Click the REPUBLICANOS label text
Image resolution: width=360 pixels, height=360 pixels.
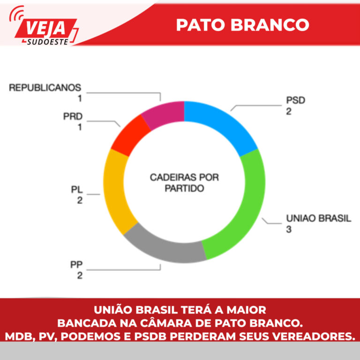tap(45, 88)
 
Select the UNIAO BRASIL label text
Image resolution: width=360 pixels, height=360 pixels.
tap(318, 219)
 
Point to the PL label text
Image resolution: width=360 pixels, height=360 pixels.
tap(77, 190)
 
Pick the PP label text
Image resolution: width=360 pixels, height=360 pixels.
tap(76, 265)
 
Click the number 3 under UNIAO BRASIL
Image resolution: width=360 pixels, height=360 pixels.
tap(289, 230)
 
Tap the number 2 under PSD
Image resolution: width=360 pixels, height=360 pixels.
tap(289, 112)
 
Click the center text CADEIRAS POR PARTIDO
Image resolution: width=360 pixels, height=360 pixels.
tap(184, 183)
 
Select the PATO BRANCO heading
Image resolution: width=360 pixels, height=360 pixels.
tap(242, 24)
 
